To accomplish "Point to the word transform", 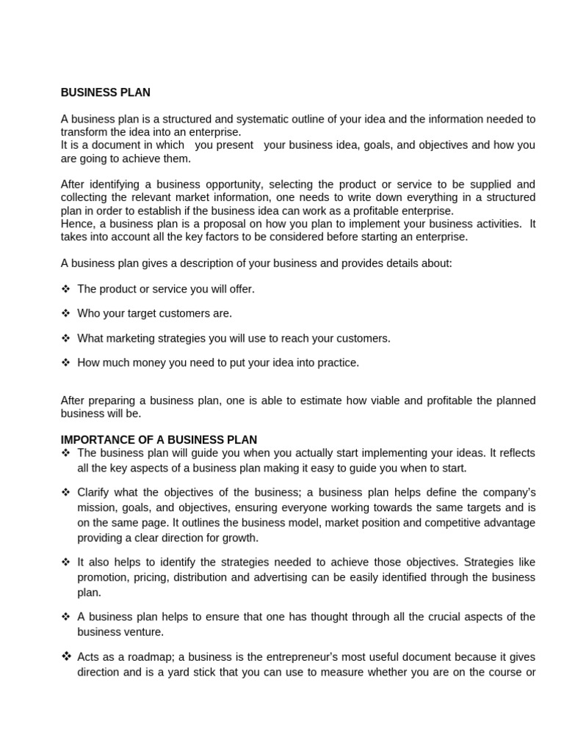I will coord(83,132).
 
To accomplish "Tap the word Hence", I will coord(75,224).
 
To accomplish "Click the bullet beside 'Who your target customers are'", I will coord(65,313).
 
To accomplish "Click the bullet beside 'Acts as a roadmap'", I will coord(65,656).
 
